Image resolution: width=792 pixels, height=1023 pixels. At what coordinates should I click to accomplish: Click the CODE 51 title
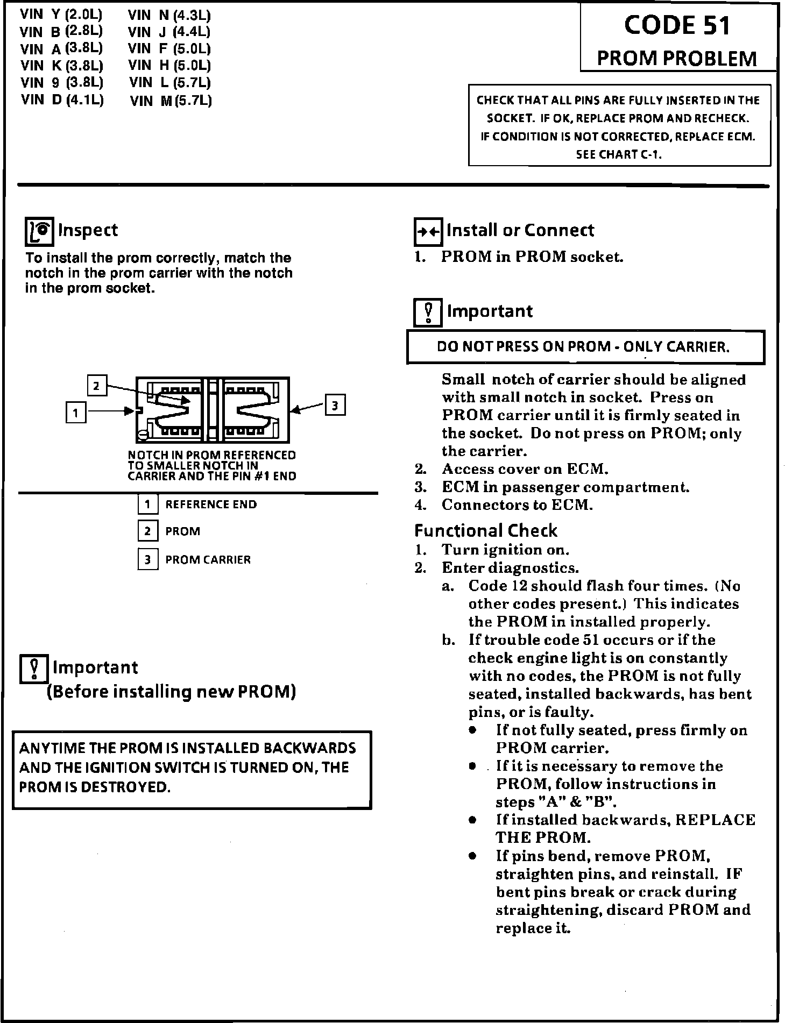677,25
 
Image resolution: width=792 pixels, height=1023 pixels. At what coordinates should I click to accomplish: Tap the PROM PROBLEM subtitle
677,58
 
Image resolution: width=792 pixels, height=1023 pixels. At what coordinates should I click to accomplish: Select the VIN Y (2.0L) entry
61,15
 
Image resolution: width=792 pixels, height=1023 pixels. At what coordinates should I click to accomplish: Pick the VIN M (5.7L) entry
171,101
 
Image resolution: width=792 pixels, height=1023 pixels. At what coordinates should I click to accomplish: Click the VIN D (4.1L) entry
62,100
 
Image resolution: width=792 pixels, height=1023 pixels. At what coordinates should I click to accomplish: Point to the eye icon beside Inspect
40,232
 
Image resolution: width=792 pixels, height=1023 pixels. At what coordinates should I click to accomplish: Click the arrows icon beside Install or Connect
428,232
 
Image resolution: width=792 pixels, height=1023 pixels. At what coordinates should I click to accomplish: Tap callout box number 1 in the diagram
76,413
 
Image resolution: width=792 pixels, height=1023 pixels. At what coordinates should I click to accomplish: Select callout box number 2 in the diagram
97,386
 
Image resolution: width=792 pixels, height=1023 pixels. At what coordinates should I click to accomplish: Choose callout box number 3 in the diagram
335,405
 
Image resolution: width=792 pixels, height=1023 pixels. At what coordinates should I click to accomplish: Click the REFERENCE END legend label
211,505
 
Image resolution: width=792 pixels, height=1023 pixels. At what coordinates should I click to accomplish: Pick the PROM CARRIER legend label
208,560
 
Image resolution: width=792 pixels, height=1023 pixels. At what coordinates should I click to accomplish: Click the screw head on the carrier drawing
143,435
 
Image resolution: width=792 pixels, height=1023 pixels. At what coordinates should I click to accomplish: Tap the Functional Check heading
486,531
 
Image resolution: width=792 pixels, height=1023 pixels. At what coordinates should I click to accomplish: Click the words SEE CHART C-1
619,154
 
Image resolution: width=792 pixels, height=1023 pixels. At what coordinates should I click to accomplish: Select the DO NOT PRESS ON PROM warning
583,347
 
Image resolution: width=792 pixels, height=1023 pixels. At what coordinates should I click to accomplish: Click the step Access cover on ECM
525,469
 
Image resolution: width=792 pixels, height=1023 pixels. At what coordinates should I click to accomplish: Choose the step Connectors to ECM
517,505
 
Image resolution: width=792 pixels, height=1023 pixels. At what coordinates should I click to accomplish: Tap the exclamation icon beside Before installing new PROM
34,670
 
